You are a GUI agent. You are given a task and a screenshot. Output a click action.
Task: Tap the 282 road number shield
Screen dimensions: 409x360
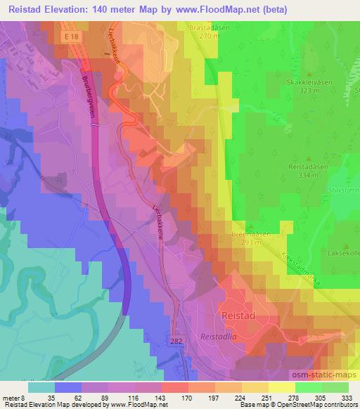coord(176,339)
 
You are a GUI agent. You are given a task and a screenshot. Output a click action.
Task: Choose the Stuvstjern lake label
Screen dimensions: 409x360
coord(345,190)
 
